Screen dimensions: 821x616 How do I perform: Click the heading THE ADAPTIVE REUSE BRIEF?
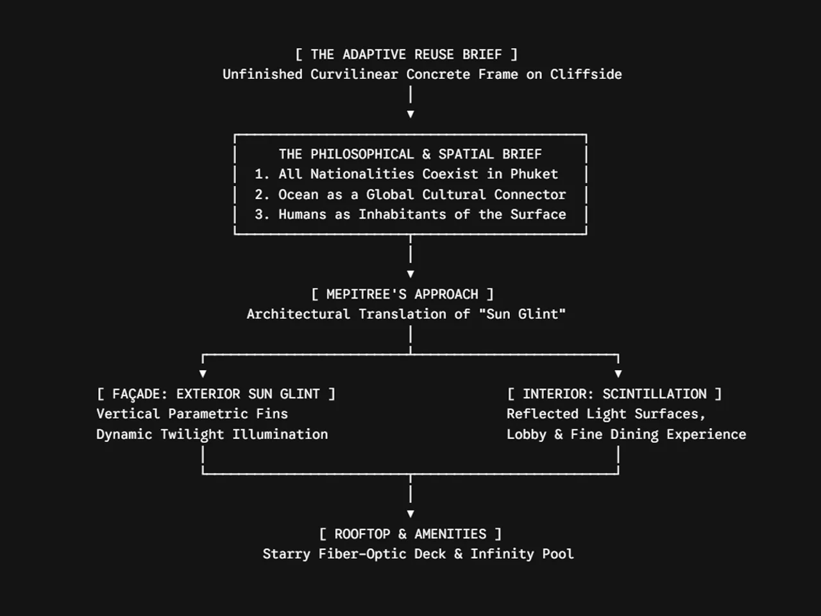pyautogui.click(x=406, y=55)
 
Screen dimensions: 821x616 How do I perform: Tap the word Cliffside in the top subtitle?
pyautogui.click(x=586, y=74)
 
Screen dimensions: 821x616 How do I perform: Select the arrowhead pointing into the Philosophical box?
pyautogui.click(x=410, y=114)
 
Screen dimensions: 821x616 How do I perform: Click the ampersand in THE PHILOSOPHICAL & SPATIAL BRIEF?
pyautogui.click(x=426, y=154)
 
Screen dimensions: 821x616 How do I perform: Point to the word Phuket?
pyautogui.click(x=534, y=174)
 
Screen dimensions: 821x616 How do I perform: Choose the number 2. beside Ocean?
pyautogui.click(x=262, y=194)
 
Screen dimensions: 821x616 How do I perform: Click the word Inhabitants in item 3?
pyautogui.click(x=402, y=214)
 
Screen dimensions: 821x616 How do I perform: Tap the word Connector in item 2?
pyautogui.click(x=530, y=194)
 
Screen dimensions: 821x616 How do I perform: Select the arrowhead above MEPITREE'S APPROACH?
pyautogui.click(x=410, y=274)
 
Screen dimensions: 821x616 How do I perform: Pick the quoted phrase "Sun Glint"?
pyautogui.click(x=523, y=314)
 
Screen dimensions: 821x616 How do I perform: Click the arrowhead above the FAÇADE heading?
pyautogui.click(x=203, y=373)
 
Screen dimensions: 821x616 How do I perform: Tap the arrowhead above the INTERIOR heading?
pyautogui.click(x=618, y=373)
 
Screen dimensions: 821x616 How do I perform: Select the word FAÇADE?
pyautogui.click(x=140, y=394)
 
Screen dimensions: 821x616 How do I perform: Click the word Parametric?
pyautogui.click(x=208, y=414)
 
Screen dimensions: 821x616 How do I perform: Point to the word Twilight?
pyautogui.click(x=192, y=434)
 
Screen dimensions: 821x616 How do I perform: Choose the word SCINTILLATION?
pyautogui.click(x=655, y=394)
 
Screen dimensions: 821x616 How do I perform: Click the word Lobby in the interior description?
pyautogui.click(x=526, y=434)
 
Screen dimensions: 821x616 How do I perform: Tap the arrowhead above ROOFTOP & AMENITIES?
pyautogui.click(x=410, y=514)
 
